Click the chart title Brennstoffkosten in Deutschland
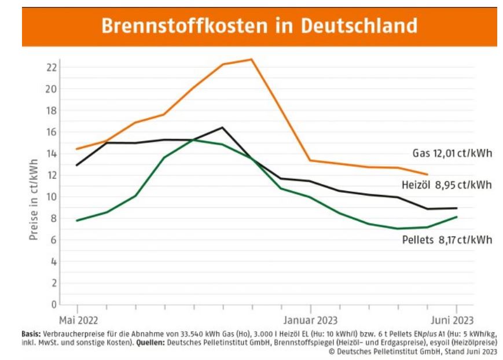(x=259, y=26)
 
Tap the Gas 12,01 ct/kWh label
(x=452, y=153)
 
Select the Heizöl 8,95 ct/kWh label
(x=446, y=185)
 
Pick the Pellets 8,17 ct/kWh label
(x=447, y=239)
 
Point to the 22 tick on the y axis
(x=51, y=67)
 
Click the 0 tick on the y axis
(x=54, y=304)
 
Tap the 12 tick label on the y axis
(x=51, y=175)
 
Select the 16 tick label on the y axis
(x=51, y=132)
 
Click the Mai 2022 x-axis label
(x=78, y=319)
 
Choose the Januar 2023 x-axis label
(x=311, y=319)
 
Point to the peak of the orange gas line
(x=252, y=59)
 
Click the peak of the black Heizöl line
(x=222, y=127)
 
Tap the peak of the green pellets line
(x=194, y=139)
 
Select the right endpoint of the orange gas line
(x=427, y=174)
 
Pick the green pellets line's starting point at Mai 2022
(x=77, y=221)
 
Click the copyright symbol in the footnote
(x=332, y=350)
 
